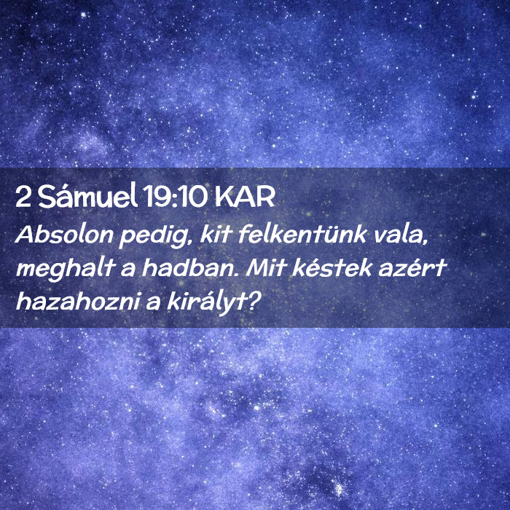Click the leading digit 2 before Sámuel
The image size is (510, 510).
[23, 197]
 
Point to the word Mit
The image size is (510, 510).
[267, 268]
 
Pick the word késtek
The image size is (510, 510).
[332, 268]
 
